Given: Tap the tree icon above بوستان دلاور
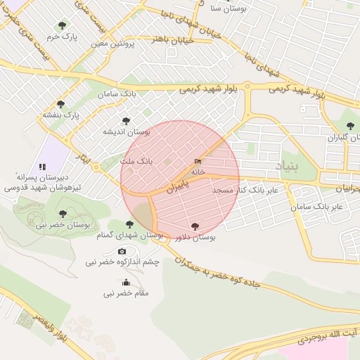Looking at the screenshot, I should coord(195,226).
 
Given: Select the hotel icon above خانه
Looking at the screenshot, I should coord(197,162).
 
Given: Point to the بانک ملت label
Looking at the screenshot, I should coord(136,162).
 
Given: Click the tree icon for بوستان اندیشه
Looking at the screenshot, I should coord(126,121).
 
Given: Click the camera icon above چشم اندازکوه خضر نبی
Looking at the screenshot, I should coord(122,252).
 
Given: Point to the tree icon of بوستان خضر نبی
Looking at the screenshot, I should coord(63,213).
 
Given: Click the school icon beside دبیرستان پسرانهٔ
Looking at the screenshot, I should coord(42,167).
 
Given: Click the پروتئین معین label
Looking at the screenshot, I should coord(112,44).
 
